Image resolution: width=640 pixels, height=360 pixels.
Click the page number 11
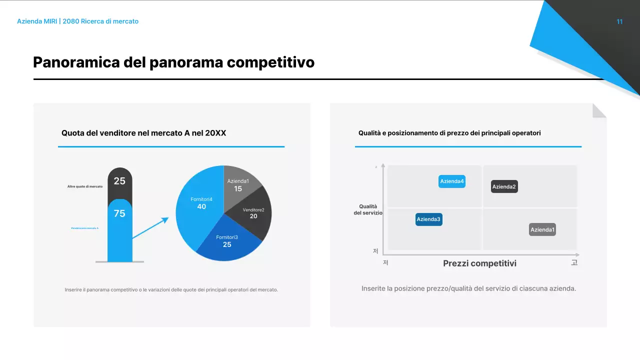619,21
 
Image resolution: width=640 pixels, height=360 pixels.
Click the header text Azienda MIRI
36,21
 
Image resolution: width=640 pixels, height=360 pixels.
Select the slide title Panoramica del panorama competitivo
173,62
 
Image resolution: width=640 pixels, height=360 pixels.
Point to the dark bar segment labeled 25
120,182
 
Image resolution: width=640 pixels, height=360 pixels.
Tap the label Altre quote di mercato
85,186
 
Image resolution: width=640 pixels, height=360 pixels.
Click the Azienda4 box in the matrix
452,181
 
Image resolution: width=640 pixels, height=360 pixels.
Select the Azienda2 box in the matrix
504,187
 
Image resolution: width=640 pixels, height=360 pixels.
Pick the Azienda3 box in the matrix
429,219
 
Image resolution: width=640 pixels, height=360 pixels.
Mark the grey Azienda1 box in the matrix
542,230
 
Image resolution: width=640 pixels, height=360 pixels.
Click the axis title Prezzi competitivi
479,263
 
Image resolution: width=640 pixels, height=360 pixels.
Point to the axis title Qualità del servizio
368,209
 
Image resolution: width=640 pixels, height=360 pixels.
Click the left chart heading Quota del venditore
143,133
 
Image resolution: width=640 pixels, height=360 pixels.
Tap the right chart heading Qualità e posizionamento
449,133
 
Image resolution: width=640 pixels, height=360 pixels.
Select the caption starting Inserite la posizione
468,288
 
